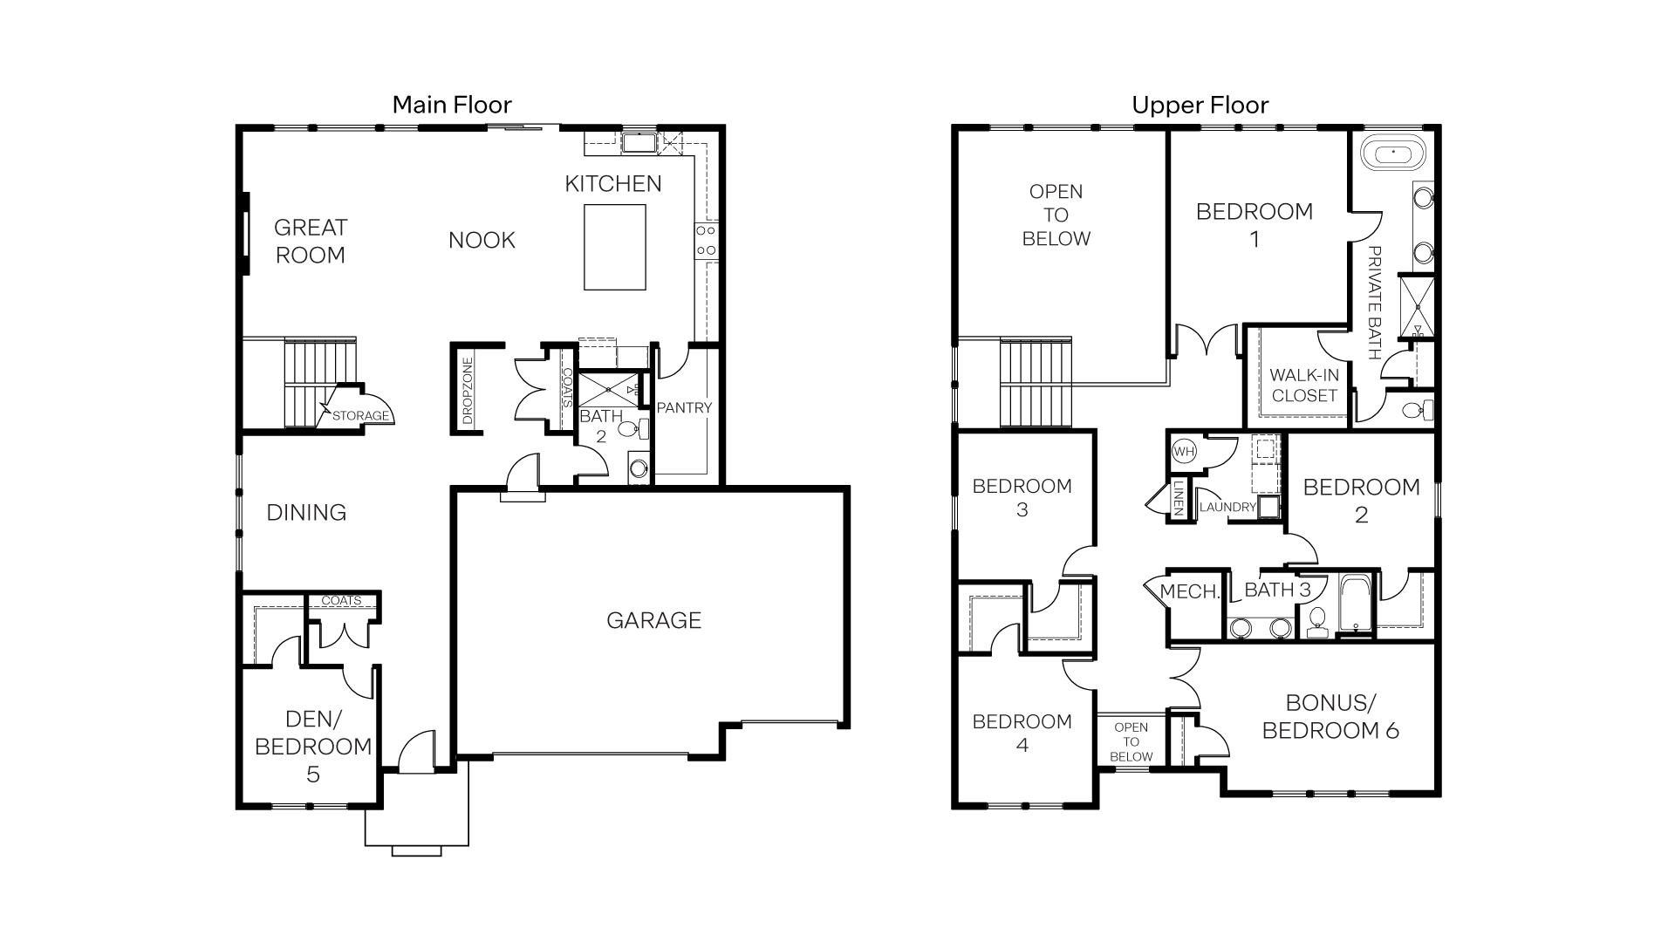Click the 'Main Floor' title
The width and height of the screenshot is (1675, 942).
point(451,105)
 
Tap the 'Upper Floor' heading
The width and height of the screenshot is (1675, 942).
point(1200,106)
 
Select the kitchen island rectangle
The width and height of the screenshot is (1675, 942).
point(614,247)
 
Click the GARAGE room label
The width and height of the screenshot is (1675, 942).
point(653,620)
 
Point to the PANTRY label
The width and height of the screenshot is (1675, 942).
point(684,407)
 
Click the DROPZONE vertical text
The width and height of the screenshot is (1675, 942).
point(467,390)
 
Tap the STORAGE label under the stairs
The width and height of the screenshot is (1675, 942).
point(359,416)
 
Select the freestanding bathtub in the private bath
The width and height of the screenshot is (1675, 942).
point(1393,155)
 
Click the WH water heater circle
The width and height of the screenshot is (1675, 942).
point(1184,451)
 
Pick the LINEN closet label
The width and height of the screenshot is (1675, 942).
point(1178,499)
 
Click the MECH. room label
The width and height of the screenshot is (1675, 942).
point(1189,591)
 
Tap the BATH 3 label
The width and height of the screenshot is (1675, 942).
point(1277,590)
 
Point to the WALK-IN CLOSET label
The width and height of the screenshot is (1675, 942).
point(1303,385)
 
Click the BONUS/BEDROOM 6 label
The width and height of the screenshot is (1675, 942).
point(1330,716)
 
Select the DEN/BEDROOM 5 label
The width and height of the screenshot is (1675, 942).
point(313,746)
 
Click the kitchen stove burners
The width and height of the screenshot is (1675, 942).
point(706,241)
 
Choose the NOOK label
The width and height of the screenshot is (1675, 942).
point(482,240)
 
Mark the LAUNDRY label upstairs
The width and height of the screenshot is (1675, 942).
point(1227,507)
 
